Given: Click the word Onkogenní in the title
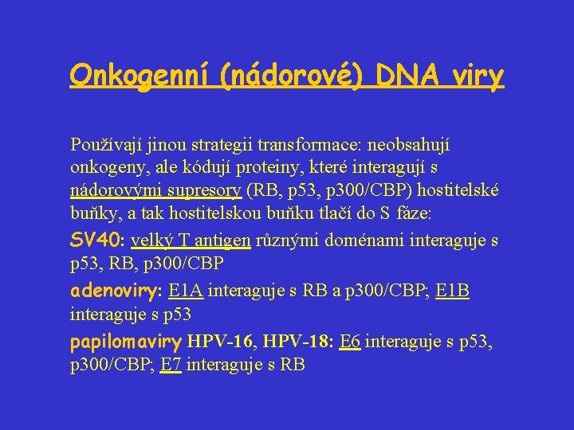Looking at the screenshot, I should point(133,76).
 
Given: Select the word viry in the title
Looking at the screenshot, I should point(478,76).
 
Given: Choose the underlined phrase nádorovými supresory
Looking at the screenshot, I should point(156,191).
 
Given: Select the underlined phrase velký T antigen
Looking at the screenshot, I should point(191,240).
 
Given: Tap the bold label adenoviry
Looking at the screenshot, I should point(114,291).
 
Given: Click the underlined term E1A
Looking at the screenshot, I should point(187,291).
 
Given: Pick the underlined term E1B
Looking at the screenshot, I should point(452,291).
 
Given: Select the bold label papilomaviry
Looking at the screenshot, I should point(126,342).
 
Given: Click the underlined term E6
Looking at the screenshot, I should point(350,342).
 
